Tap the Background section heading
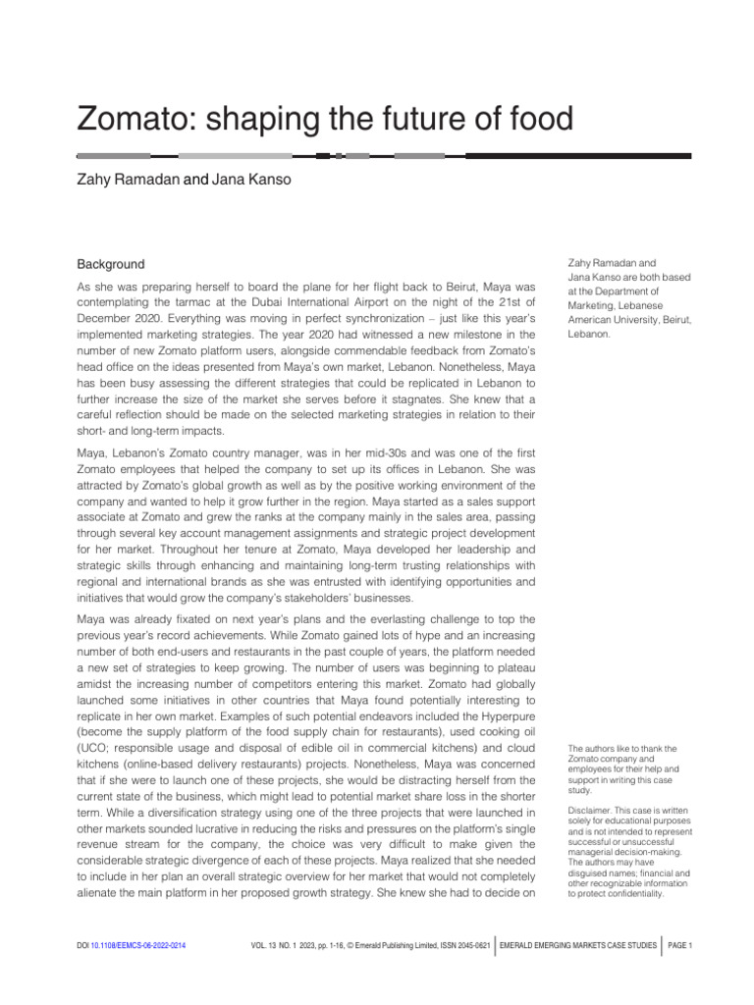coord(111,264)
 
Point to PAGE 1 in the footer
coord(680,945)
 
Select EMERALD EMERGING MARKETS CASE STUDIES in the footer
coord(578,945)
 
